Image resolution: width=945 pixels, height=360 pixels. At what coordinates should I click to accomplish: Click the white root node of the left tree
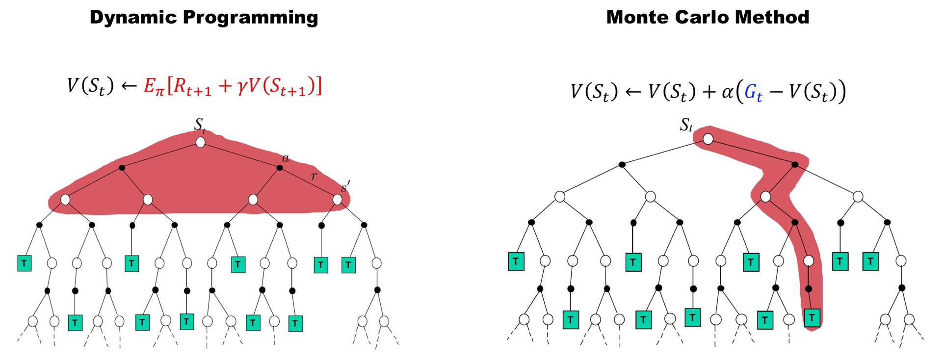point(200,142)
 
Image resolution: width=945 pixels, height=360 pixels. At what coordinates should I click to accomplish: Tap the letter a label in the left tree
point(286,158)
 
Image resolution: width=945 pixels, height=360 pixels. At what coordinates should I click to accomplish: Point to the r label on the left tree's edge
point(314,175)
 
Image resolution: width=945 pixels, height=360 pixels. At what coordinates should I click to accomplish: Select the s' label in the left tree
point(345,186)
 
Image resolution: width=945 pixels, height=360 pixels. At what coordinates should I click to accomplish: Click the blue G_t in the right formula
point(753,92)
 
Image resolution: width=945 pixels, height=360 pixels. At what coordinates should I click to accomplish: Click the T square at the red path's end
point(812,318)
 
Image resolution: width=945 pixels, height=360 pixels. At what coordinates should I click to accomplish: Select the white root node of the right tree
point(708,139)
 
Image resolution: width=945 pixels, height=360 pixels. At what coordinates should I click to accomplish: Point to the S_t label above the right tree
point(686,126)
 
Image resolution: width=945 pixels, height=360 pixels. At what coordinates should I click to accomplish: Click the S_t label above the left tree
point(199,125)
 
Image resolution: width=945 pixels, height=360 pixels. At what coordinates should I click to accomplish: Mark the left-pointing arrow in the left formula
point(129,86)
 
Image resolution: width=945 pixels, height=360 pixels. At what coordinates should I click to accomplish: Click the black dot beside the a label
point(280,168)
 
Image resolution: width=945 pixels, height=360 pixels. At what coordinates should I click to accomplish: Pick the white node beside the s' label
point(337,200)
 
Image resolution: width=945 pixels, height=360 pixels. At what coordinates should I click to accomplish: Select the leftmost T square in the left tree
point(24,263)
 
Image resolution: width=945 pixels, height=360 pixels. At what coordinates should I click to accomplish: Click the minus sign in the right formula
point(776,92)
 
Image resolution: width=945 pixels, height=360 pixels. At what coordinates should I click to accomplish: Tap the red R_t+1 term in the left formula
point(192,87)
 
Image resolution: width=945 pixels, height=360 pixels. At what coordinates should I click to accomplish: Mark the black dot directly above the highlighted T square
point(809,289)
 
